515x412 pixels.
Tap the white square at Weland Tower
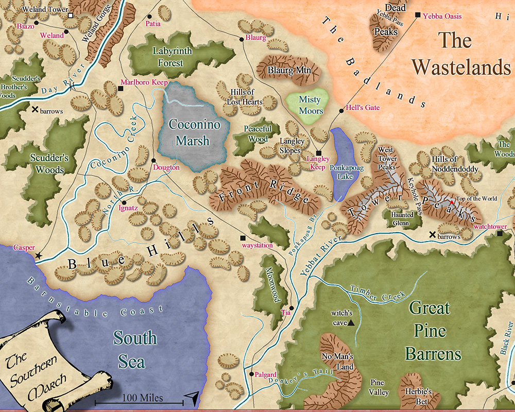[71, 16]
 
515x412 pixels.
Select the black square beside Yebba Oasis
[418, 15]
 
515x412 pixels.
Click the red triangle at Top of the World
[452, 203]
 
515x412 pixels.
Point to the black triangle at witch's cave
[351, 323]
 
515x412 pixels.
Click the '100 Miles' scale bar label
[143, 398]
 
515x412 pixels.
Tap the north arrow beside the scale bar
[192, 397]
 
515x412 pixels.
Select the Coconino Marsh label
[194, 132]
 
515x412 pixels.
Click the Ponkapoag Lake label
[342, 172]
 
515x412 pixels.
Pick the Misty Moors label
[311, 105]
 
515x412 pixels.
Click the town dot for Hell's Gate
[341, 110]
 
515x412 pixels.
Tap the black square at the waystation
[243, 237]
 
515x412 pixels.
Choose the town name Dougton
[166, 167]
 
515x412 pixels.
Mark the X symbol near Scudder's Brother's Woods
[35, 110]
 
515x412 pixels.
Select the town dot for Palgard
[251, 374]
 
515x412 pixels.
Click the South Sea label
[135, 349]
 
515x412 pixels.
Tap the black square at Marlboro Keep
[121, 89]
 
